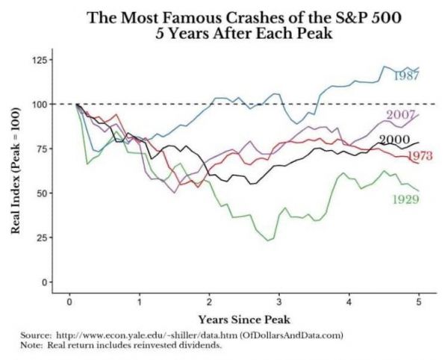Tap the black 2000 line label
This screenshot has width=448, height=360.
[393, 140]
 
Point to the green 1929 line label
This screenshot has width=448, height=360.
[405, 199]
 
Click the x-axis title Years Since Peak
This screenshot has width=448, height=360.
[245, 319]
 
